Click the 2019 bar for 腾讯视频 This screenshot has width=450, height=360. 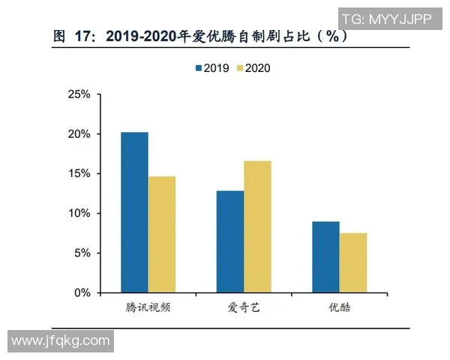[x=135, y=212]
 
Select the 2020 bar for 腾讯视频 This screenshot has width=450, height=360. [x=162, y=234]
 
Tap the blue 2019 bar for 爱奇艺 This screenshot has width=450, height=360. [x=230, y=241]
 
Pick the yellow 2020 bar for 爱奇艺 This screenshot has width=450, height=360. [x=257, y=226]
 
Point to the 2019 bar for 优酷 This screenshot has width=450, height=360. [x=325, y=256]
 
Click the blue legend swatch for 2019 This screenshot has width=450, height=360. [x=199, y=68]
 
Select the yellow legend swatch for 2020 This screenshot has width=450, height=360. [x=240, y=68]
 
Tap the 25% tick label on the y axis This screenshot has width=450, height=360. [x=79, y=94]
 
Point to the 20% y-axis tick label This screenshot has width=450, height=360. [x=79, y=134]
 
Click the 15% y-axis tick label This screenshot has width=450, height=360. [x=79, y=174]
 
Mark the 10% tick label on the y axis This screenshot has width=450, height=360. [x=79, y=214]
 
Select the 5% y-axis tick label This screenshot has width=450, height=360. [x=81, y=253]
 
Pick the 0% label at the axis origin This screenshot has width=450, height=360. [x=81, y=293]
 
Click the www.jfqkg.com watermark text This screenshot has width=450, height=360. [x=61, y=341]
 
